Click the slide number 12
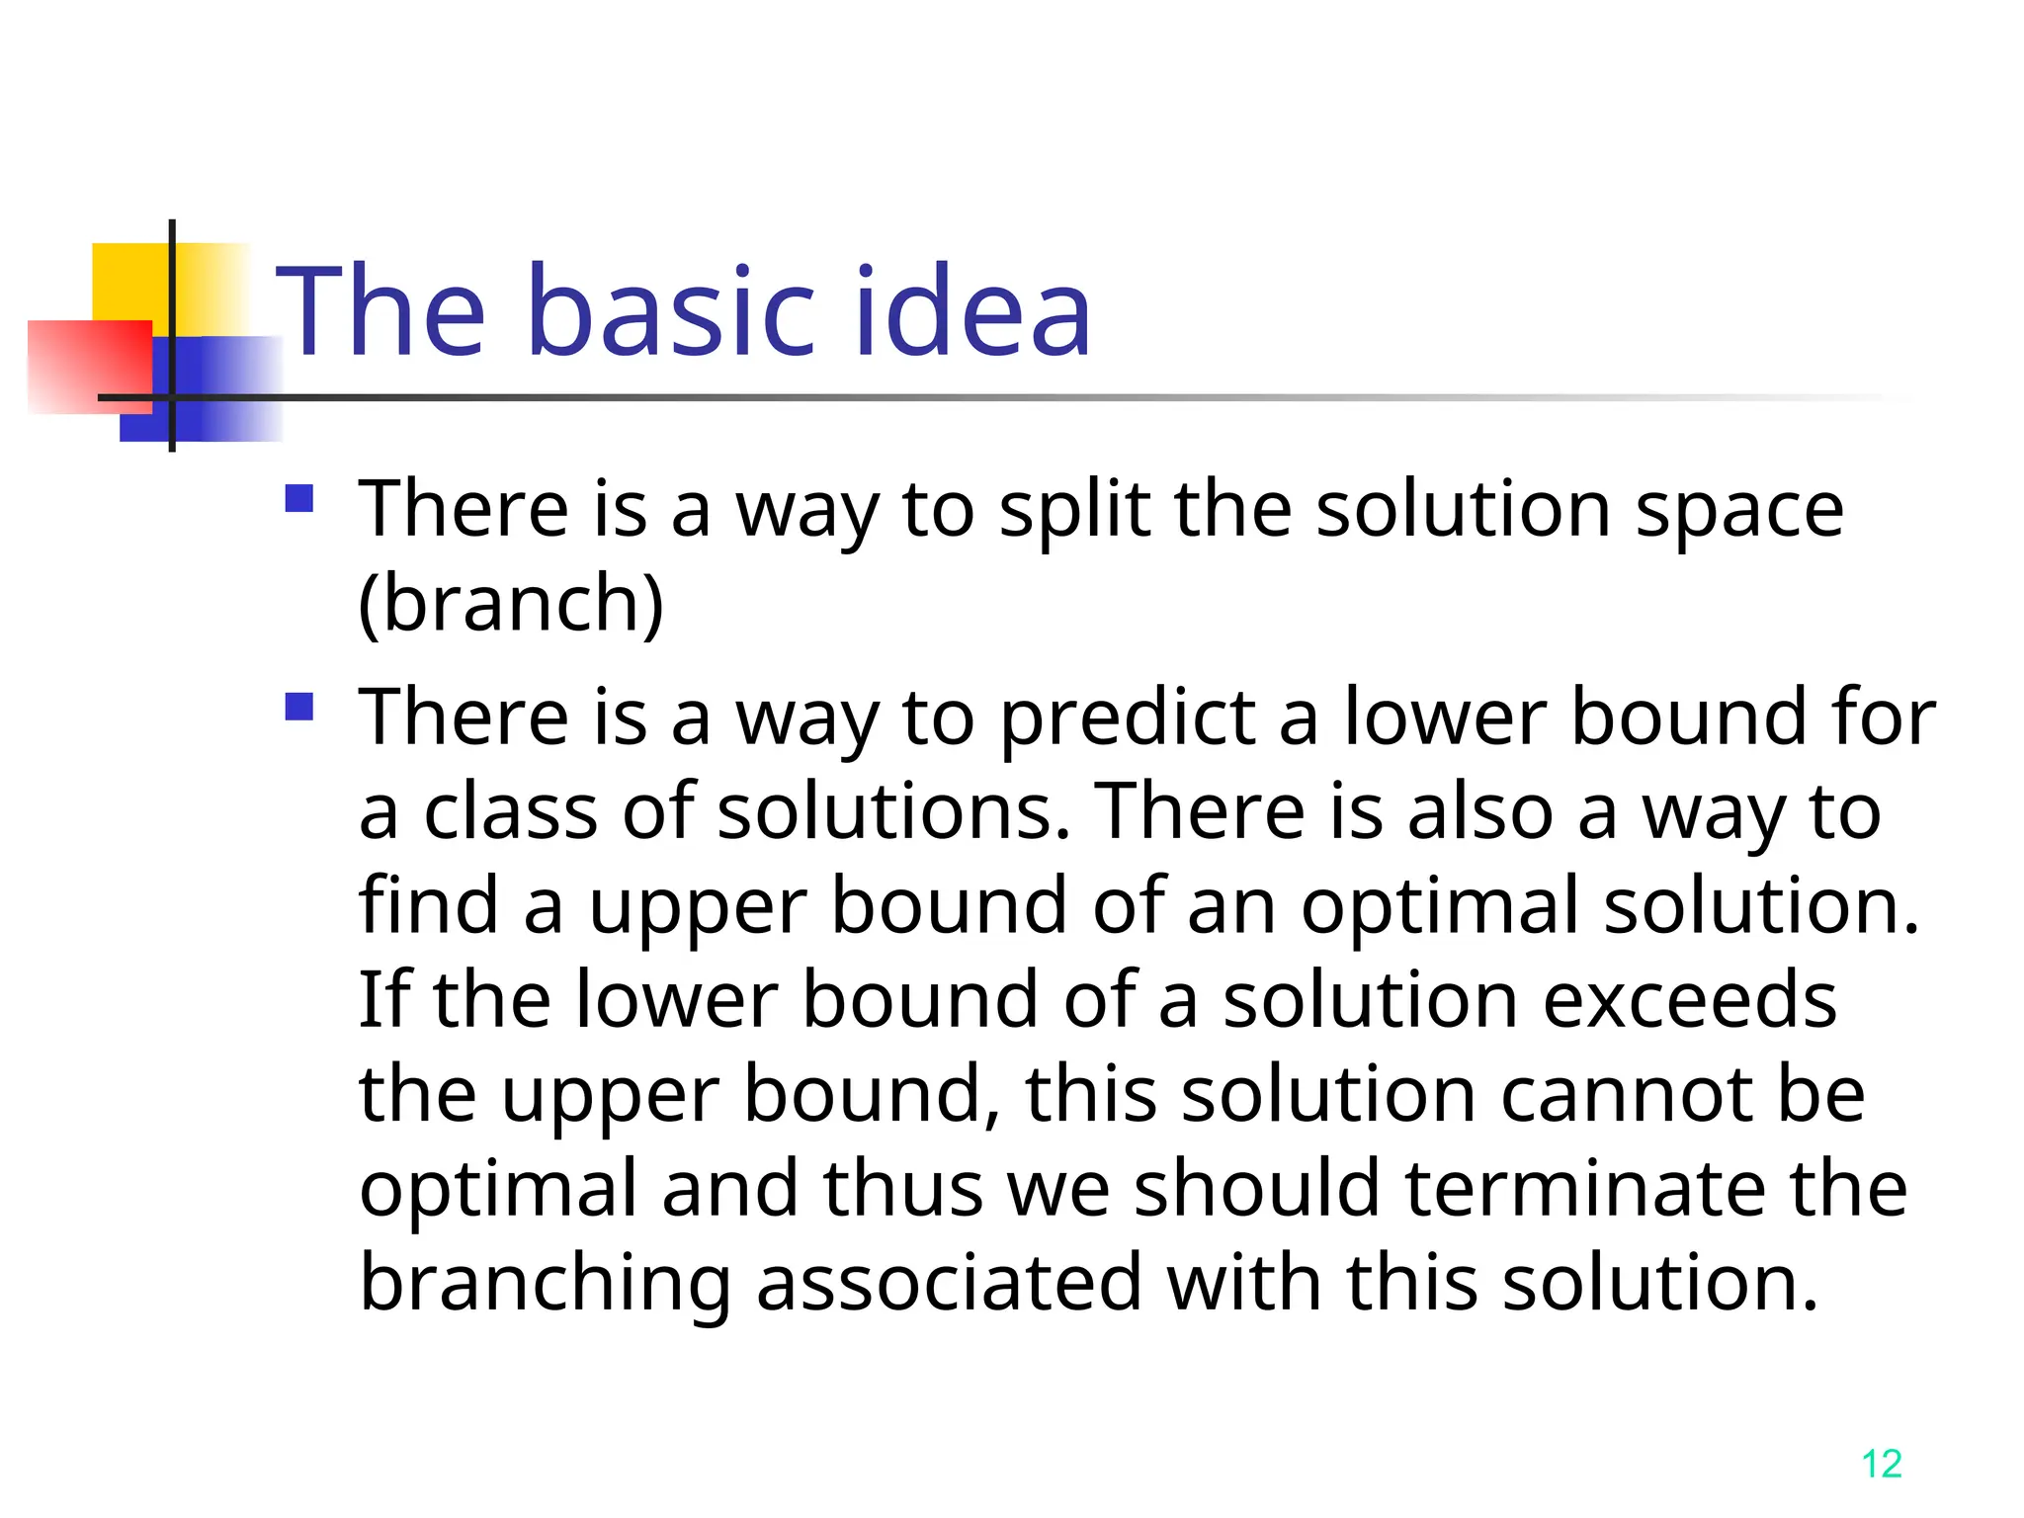tap(1881, 1464)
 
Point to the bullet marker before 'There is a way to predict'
tap(298, 707)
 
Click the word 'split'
tap(1074, 511)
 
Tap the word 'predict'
tap(1128, 718)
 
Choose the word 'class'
tap(510, 812)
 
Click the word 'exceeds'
tap(1689, 1000)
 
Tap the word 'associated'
tap(949, 1284)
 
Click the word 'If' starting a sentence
tap(383, 1000)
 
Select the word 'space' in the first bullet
tap(1739, 511)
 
